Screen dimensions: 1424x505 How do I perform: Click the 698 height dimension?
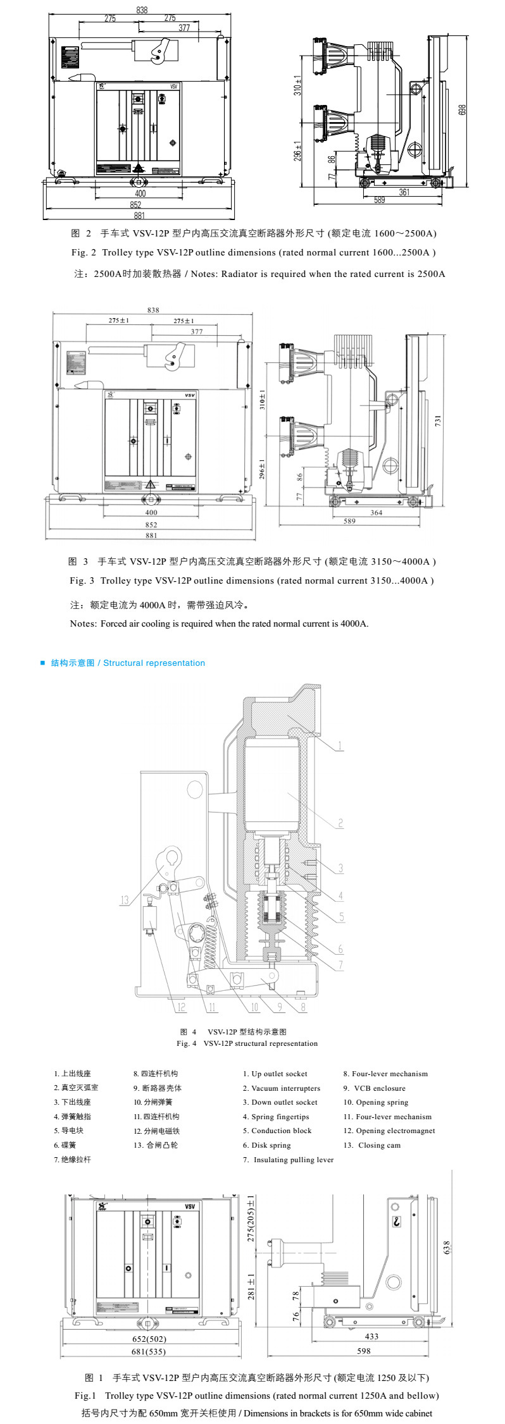tap(463, 109)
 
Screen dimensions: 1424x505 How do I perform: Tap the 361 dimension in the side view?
tap(404, 192)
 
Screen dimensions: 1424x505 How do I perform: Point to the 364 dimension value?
tap(376, 513)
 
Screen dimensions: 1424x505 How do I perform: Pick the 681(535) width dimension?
tap(148, 1351)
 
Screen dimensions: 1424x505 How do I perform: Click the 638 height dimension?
tap(446, 1248)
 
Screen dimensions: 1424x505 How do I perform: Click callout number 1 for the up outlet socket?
tap(340, 746)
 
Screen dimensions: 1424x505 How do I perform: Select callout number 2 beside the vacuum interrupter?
tap(340, 823)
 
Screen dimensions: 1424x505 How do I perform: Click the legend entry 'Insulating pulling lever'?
tap(293, 1160)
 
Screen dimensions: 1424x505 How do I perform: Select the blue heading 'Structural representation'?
tap(154, 663)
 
